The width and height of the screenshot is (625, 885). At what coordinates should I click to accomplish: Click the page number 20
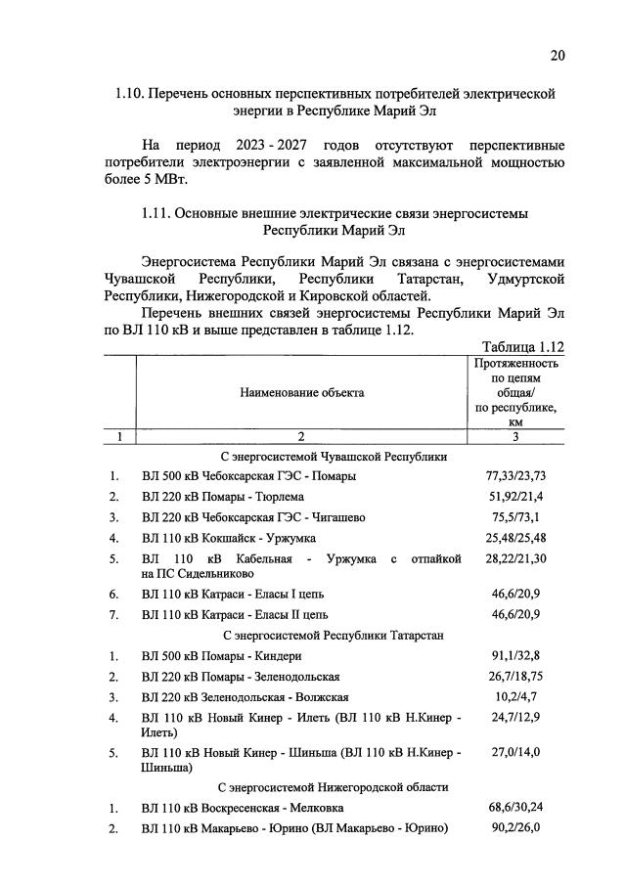(x=557, y=56)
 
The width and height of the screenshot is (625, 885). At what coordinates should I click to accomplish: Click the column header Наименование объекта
(x=301, y=392)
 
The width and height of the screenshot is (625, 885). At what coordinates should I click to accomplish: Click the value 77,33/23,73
(x=515, y=476)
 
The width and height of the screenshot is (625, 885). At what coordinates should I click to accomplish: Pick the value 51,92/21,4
(x=515, y=497)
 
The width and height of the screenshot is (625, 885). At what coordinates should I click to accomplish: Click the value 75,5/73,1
(x=515, y=517)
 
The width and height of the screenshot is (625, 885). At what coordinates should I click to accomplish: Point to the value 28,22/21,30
(x=515, y=558)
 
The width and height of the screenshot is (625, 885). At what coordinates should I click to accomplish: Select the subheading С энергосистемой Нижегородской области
(x=333, y=786)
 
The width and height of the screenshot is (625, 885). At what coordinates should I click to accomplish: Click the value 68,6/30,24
(x=515, y=808)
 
